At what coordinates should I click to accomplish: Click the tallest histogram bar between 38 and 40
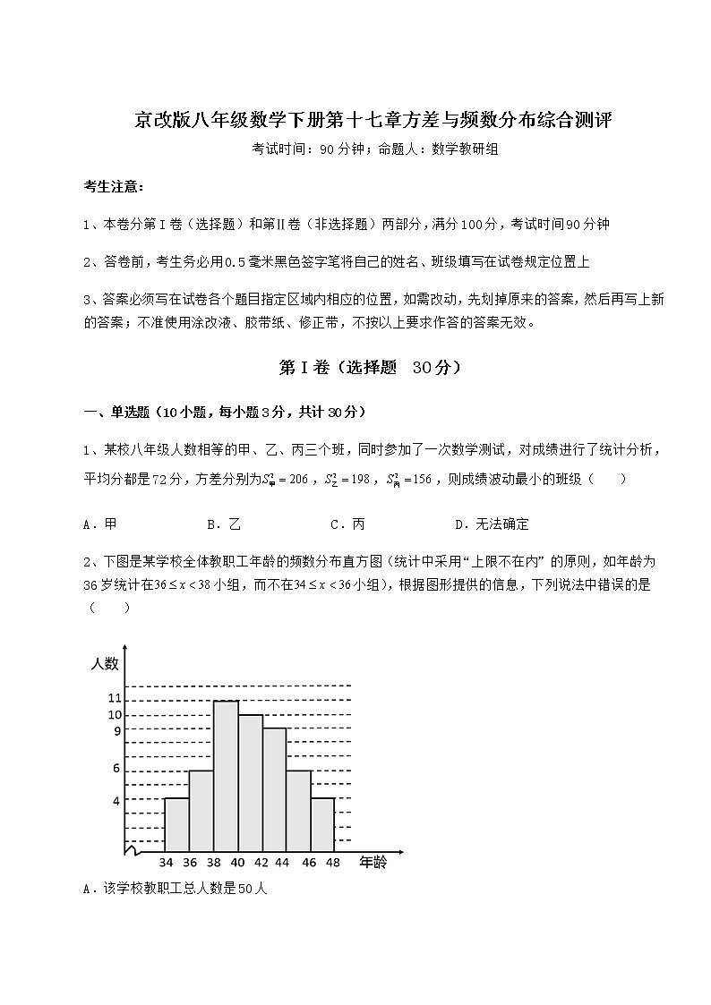pyautogui.click(x=225, y=775)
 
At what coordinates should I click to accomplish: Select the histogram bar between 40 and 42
pyautogui.click(x=250, y=783)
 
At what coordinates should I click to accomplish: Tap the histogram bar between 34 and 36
pyautogui.click(x=176, y=823)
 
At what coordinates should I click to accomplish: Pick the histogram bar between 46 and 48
pyautogui.click(x=322, y=823)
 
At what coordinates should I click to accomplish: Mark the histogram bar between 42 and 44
pyautogui.click(x=274, y=788)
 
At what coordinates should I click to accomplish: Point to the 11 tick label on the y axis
pyautogui.click(x=114, y=698)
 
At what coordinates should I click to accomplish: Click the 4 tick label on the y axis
pyautogui.click(x=116, y=800)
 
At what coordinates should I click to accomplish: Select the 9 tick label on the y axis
pyautogui.click(x=116, y=731)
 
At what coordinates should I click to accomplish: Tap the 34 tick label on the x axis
pyautogui.click(x=166, y=864)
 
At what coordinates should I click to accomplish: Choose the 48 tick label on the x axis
pyautogui.click(x=334, y=864)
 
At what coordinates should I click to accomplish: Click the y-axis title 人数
pyautogui.click(x=105, y=663)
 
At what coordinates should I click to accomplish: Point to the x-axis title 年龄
pyautogui.click(x=373, y=864)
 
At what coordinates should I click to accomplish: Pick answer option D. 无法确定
pyautogui.click(x=492, y=524)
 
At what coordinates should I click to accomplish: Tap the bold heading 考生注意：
pyautogui.click(x=112, y=186)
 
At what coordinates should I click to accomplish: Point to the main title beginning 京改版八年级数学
pyautogui.click(x=355, y=121)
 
